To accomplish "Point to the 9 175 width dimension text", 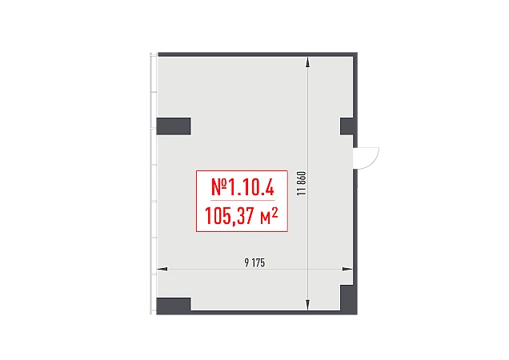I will pos(254,263).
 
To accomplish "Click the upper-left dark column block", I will pos(173,126).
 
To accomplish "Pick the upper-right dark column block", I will pos(347,126).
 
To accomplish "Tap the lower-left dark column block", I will pos(173,304).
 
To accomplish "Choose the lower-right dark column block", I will pos(347,298).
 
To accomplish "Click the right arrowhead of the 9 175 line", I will pos(349,270).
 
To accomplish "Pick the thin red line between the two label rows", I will pos(242,201).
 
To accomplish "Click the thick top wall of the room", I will pos(252,55).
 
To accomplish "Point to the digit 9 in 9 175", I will pos(244,263).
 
